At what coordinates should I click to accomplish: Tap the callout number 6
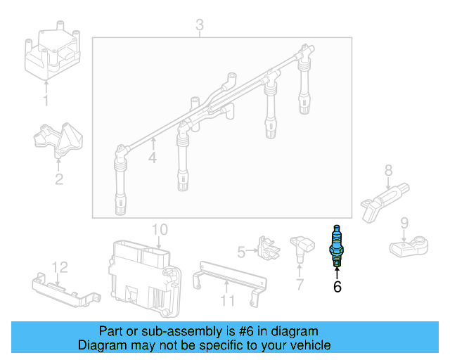click(x=337, y=286)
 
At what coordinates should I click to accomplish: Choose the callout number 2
click(x=59, y=179)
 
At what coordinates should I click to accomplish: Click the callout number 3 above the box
click(x=200, y=26)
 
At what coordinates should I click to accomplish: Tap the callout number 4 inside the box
click(x=153, y=158)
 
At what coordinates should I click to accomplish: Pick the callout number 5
click(x=241, y=252)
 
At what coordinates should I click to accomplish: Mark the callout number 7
click(x=300, y=285)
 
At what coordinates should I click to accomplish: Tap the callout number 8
click(x=388, y=169)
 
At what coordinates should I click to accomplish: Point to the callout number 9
click(x=404, y=223)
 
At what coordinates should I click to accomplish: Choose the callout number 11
click(x=226, y=301)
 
